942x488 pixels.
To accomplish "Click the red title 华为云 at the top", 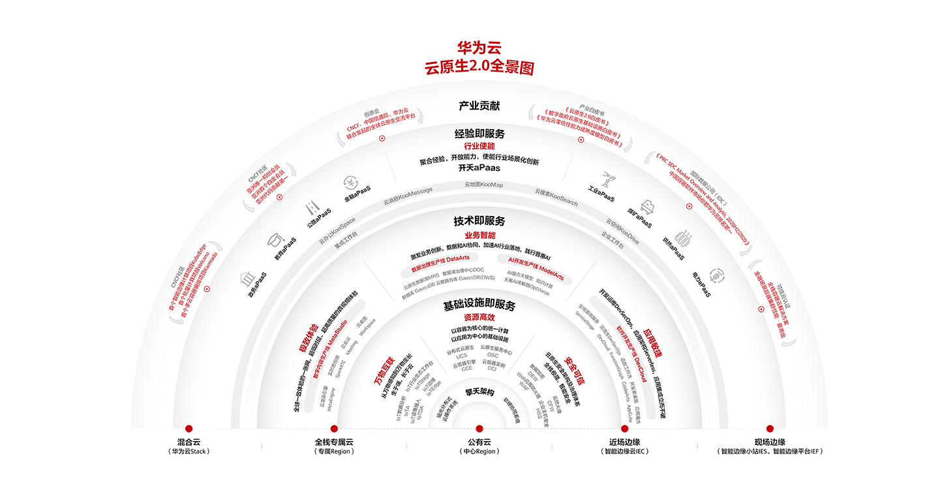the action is click(479, 48).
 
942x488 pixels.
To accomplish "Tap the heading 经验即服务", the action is click(479, 133).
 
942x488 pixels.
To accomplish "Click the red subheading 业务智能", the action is click(479, 235).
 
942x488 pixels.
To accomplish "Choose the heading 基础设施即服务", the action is click(479, 305).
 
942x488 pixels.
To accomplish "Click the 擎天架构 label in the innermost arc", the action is click(479, 393).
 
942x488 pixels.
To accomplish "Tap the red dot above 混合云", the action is click(189, 429).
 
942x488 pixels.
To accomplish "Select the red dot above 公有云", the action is click(479, 429).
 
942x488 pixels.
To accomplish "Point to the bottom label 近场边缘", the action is click(624, 442).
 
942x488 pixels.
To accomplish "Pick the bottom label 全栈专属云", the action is click(334, 442).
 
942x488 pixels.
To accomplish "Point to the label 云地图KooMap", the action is click(483, 185).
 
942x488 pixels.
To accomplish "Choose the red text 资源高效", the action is click(479, 317).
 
